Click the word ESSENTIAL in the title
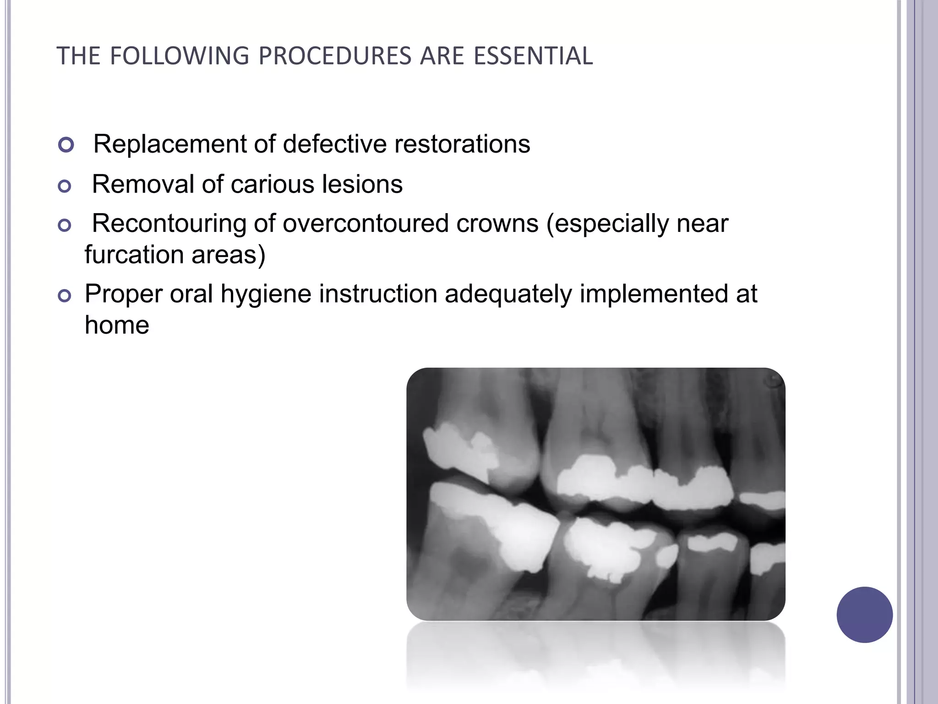pyautogui.click(x=533, y=56)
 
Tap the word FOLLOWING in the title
pyautogui.click(x=180, y=56)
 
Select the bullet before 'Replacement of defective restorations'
pyautogui.click(x=66, y=145)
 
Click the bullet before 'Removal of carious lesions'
pyautogui.click(x=65, y=186)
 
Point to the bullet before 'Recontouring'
pyautogui.click(x=65, y=225)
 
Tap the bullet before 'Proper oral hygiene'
pyautogui.click(x=65, y=296)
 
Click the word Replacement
pyautogui.click(x=170, y=144)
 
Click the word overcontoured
pyautogui.click(x=365, y=224)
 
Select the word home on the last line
pyautogui.click(x=117, y=325)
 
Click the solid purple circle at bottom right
pyautogui.click(x=864, y=615)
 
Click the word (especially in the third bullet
pyautogui.click(x=607, y=225)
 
